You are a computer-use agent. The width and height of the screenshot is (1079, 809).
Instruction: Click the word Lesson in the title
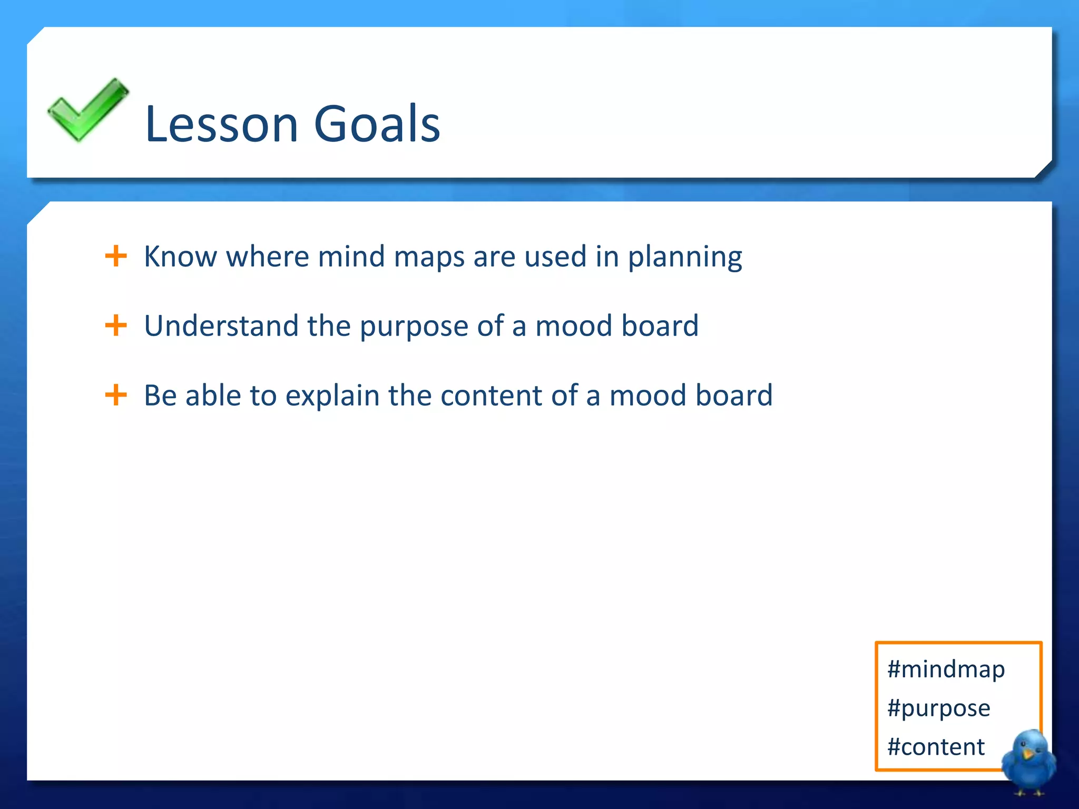[221, 124]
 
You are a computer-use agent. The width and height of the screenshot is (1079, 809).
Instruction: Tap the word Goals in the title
[377, 124]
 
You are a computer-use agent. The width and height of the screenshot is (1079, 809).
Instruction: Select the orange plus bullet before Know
[116, 256]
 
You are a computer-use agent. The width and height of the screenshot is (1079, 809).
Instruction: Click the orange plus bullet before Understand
[116, 325]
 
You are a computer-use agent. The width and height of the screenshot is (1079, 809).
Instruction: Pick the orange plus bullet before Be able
[116, 395]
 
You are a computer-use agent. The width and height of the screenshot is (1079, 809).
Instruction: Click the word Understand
[221, 325]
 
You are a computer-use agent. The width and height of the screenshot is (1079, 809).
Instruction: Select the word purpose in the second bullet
[414, 327]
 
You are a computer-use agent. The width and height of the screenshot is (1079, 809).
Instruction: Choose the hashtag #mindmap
[946, 669]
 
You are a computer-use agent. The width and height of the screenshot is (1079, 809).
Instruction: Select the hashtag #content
[936, 747]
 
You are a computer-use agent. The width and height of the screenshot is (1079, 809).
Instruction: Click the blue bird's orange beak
[1027, 754]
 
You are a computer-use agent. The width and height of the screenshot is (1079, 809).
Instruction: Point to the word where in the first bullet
[267, 257]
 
